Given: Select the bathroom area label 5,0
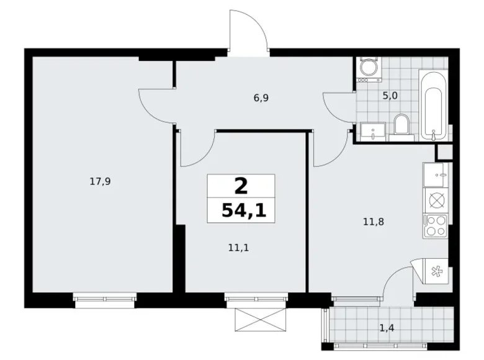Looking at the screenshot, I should tap(389, 96).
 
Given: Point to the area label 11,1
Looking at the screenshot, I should tap(238, 247).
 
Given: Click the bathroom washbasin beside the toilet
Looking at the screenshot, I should tap(372, 130).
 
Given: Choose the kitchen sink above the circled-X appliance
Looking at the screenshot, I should tap(436, 174).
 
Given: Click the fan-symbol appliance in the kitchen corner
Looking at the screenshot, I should tap(436, 271).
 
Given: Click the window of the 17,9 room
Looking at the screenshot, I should tap(104, 299).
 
